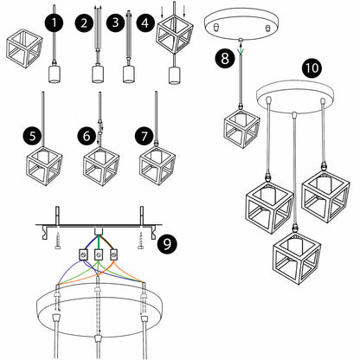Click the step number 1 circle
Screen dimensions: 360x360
click(x=55, y=23)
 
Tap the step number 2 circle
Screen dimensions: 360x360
click(x=84, y=23)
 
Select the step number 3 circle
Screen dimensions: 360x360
click(x=116, y=22)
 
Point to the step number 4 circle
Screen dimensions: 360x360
click(x=146, y=22)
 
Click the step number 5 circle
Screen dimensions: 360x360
click(x=33, y=136)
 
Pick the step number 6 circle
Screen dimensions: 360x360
click(x=87, y=136)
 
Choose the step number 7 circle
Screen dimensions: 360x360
click(x=145, y=136)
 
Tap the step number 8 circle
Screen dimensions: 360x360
click(x=224, y=59)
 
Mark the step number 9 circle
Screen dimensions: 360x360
click(x=167, y=244)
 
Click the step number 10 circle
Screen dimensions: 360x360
click(x=312, y=68)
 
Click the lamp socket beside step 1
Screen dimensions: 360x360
click(x=55, y=74)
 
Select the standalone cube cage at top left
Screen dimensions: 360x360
click(x=24, y=48)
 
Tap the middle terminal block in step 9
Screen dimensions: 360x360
click(x=99, y=254)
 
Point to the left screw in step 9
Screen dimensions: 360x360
click(x=58, y=241)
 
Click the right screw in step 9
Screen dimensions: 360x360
click(x=141, y=241)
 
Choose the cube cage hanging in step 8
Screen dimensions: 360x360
click(x=241, y=128)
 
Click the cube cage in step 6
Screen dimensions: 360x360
click(x=101, y=166)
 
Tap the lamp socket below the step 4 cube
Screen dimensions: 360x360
click(x=174, y=75)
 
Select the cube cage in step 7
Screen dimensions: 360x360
click(x=157, y=166)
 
